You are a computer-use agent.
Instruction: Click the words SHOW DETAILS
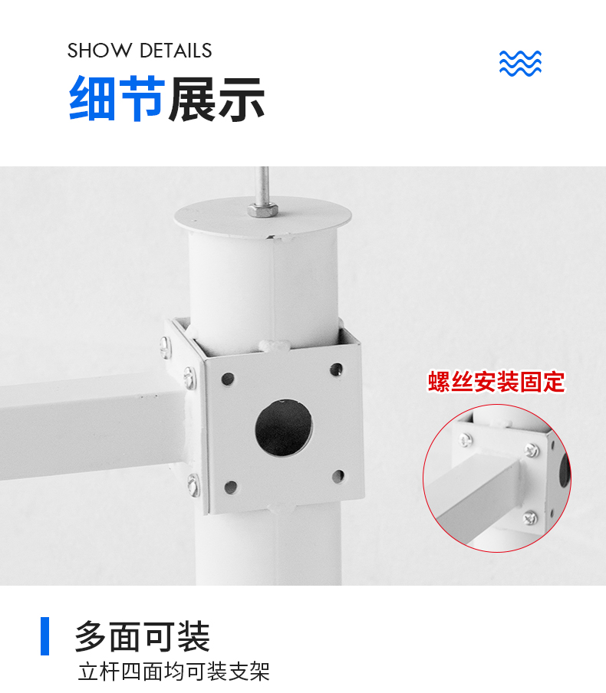click(140, 51)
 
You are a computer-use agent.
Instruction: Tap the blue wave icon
click(520, 63)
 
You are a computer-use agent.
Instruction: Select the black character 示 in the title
click(241, 99)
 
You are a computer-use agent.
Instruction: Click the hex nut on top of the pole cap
click(263, 209)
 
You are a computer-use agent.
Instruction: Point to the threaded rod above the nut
click(264, 184)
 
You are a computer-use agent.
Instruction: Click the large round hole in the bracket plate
click(284, 428)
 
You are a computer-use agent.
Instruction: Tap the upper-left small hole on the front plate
click(228, 379)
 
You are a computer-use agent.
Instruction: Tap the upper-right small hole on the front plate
click(336, 369)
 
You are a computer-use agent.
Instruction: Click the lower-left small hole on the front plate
click(230, 487)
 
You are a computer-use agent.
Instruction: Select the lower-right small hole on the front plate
click(338, 477)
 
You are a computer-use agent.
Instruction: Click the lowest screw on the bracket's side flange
click(193, 484)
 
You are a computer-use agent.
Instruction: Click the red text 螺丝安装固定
click(496, 382)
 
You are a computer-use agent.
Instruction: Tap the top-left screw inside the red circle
click(466, 440)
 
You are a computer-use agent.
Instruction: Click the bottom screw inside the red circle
click(530, 517)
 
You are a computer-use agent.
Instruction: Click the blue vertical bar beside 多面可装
click(44, 636)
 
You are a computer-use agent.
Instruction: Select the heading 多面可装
click(142, 636)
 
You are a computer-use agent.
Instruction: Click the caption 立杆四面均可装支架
click(174, 672)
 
